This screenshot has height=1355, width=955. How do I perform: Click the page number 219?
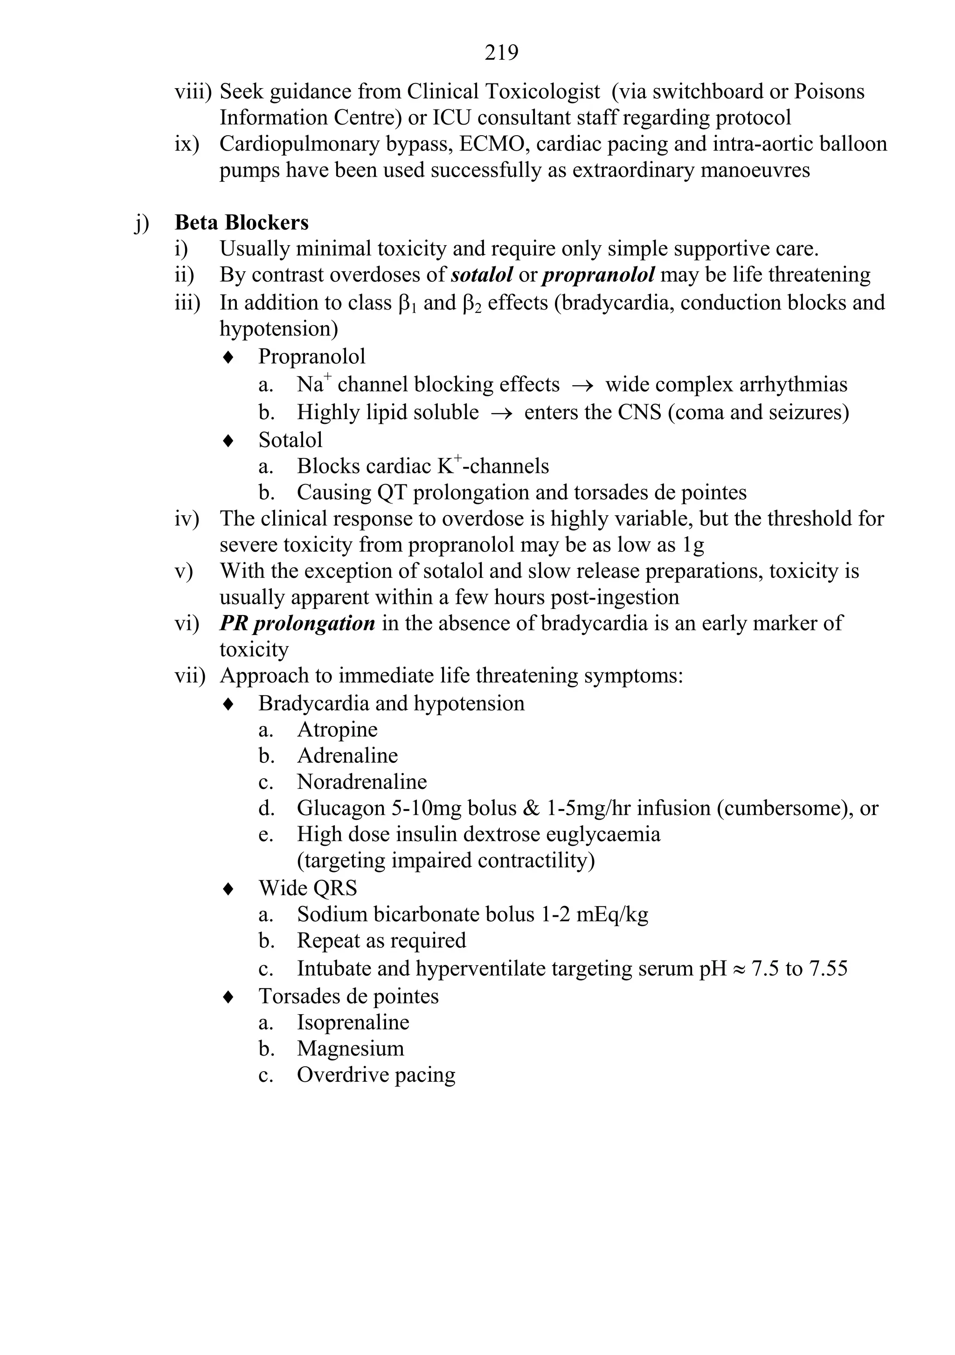pos(501,53)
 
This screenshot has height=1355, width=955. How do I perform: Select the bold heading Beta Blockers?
pos(242,222)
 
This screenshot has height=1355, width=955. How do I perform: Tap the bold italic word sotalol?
pos(482,275)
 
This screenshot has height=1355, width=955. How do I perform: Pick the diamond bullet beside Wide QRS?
pos(228,889)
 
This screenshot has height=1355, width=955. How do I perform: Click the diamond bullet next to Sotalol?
pos(228,441)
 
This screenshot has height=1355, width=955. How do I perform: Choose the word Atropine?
pos(337,729)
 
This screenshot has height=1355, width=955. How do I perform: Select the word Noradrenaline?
pos(362,782)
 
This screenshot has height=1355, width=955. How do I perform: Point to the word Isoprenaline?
pos(353,1022)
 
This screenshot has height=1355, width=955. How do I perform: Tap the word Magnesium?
pos(351,1049)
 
